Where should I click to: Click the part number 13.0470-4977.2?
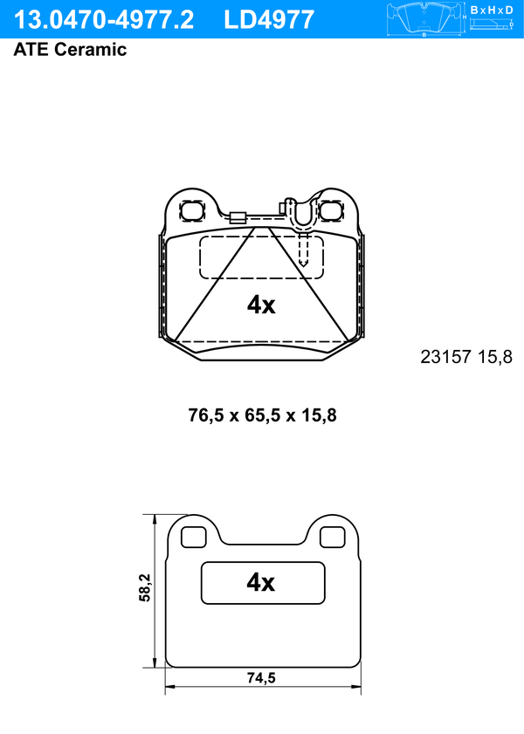click(x=103, y=20)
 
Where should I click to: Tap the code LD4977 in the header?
click(x=269, y=20)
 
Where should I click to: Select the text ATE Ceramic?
click(x=70, y=49)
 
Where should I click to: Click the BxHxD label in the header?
click(x=492, y=10)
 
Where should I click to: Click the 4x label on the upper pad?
click(x=261, y=305)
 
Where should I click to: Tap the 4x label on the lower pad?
click(x=261, y=582)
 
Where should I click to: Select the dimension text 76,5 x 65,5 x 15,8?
click(x=262, y=415)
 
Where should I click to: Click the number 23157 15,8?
click(x=466, y=357)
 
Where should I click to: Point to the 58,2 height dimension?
click(x=145, y=587)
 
